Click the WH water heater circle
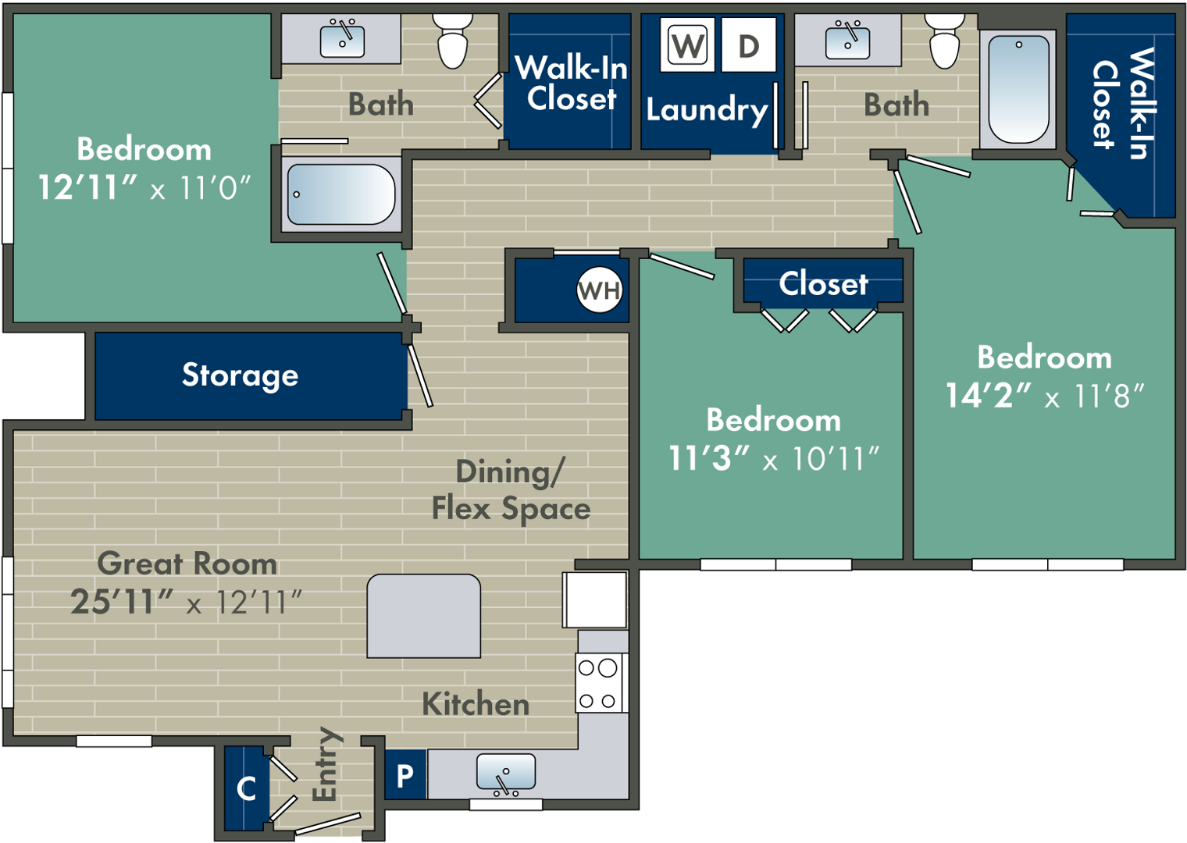[x=599, y=290]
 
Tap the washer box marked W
[x=687, y=45]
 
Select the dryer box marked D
[x=748, y=45]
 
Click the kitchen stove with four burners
[x=599, y=684]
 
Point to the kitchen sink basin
[x=506, y=772]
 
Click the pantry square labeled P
[x=405, y=775]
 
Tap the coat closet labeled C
[x=246, y=788]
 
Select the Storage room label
[x=240, y=375]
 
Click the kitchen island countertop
[x=424, y=616]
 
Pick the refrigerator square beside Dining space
[x=595, y=599]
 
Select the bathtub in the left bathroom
[x=341, y=194]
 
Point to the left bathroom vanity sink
[x=342, y=39]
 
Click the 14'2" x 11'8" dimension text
[x=1044, y=396]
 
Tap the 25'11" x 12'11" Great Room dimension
[x=186, y=602]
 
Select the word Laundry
[x=707, y=110]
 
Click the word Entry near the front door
[x=325, y=764]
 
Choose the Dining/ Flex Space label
[x=511, y=490]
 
